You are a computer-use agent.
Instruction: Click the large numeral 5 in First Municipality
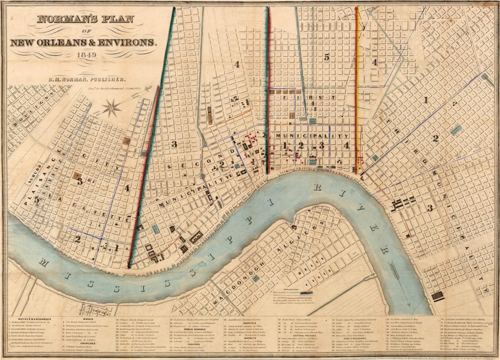[326, 57]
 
